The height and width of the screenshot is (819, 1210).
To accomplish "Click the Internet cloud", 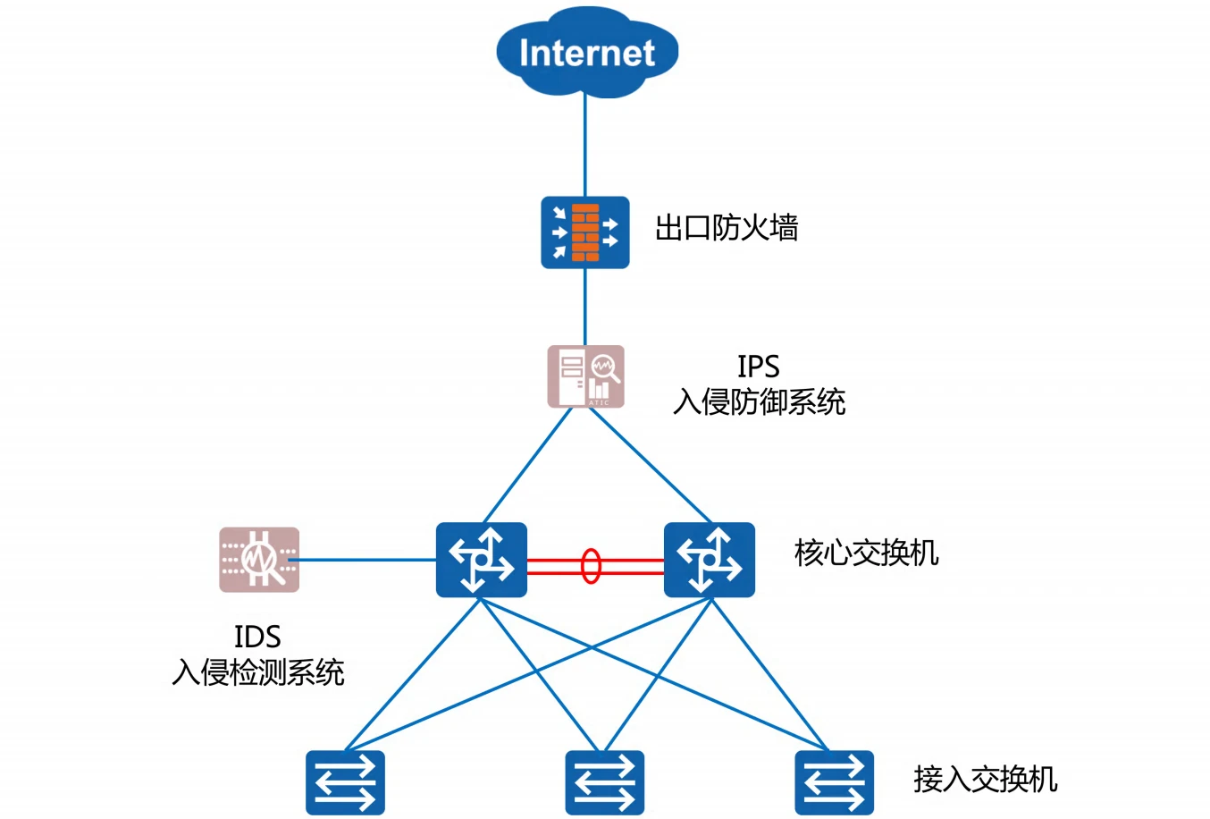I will coord(587,52).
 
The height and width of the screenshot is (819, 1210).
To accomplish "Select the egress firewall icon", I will coord(585,232).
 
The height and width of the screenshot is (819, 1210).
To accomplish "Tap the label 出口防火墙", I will coord(726,228).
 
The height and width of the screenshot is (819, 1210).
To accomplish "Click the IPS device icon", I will coord(586,376).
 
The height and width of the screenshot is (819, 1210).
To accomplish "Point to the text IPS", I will coord(758,367).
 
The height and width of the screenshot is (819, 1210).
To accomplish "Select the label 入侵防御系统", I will coord(759,402).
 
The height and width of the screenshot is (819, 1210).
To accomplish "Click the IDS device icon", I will coord(259,560).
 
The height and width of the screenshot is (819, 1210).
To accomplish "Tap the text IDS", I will coord(257,637).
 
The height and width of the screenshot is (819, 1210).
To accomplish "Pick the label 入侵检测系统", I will coord(258,672).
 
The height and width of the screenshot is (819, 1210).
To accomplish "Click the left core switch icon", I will coord(481,560).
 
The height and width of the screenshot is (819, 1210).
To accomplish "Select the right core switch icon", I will coord(710,560).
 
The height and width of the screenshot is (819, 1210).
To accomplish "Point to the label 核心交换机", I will coord(866,553).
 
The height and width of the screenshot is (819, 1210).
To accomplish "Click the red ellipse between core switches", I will coord(591,566).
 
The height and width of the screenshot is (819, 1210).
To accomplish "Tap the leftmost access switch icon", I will coord(345,782).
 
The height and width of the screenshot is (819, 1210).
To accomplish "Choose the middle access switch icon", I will coord(604,782).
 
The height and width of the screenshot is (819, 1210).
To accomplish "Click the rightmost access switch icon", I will coord(834,782).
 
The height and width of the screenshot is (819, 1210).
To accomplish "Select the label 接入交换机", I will coord(985,780).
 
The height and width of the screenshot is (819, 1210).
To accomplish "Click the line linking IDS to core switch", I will coord(366,561).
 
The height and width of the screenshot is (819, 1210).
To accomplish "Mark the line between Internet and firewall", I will coord(585,148).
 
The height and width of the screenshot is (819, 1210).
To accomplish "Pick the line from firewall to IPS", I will coord(585,306).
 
